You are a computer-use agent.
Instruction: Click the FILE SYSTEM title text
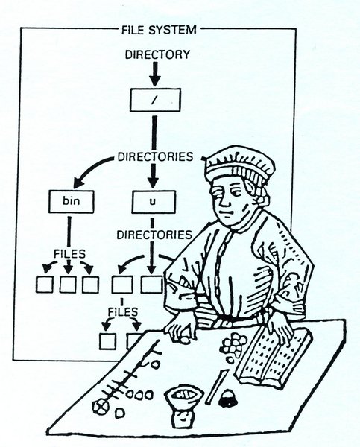pos(160,30)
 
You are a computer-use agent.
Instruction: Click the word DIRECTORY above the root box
pos(157,54)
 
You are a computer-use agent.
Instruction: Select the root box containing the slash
pos(156,100)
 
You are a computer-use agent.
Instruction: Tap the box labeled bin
pos(72,202)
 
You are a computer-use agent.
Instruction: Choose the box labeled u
pos(154,202)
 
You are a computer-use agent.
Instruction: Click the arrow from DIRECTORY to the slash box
pos(155,74)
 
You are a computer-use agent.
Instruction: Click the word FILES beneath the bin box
pos(70,253)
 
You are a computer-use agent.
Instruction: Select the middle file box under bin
pos(68,285)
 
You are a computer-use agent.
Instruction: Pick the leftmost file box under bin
pos(45,285)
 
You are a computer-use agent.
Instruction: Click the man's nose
pos(224,201)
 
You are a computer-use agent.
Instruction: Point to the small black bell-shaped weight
pos(227,399)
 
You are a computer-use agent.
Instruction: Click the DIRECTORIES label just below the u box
pos(154,235)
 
